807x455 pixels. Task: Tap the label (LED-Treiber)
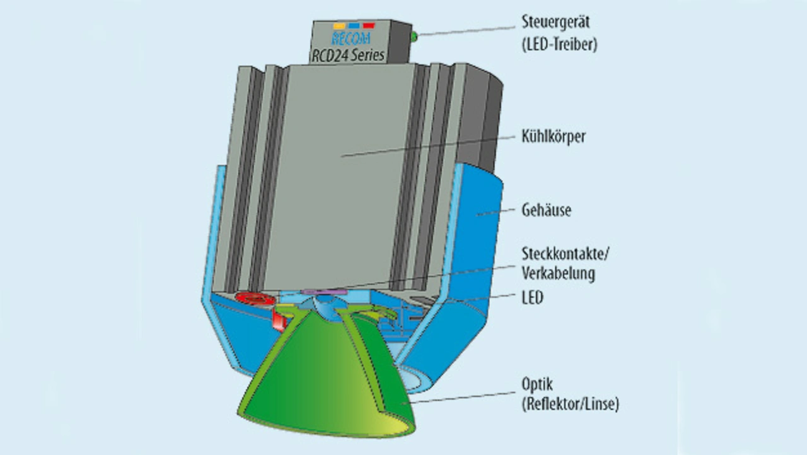click(559, 45)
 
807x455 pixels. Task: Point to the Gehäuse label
click(547, 209)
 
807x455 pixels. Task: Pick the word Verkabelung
click(559, 274)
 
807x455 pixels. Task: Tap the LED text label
click(532, 297)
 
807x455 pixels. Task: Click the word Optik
click(537, 384)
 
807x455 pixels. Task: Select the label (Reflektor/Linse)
click(570, 405)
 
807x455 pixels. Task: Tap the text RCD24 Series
click(349, 55)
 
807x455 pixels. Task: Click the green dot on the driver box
click(414, 37)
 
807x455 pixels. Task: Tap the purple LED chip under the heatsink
click(325, 292)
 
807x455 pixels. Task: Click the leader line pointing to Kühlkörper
click(429, 145)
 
